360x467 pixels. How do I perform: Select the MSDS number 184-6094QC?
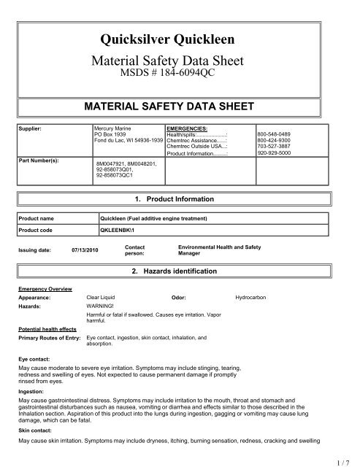(x=179, y=72)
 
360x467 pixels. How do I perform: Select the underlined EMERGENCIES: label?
(x=188, y=127)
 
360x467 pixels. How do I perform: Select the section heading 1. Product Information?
(x=180, y=198)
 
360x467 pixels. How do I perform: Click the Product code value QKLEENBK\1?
(x=120, y=229)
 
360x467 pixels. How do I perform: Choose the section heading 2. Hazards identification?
(x=180, y=271)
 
